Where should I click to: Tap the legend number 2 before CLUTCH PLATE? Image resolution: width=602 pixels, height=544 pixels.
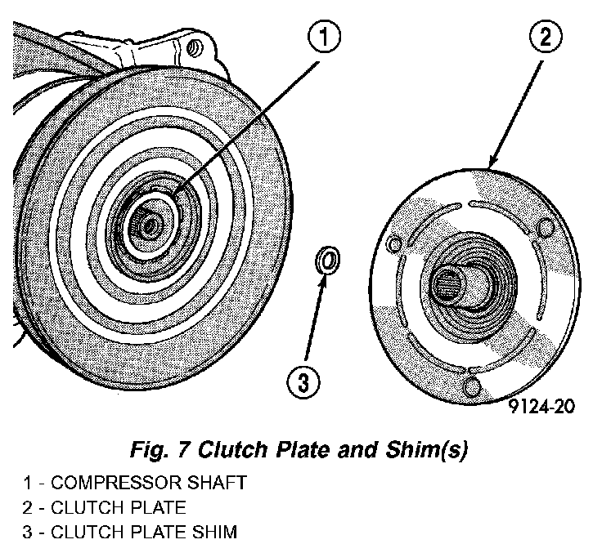27,507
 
